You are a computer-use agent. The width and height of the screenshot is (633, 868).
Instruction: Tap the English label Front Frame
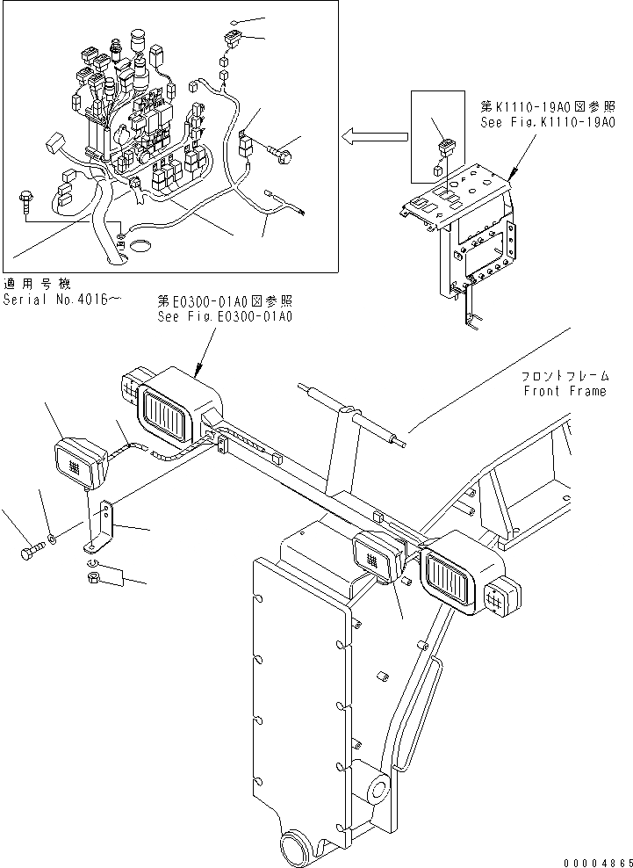[x=565, y=392]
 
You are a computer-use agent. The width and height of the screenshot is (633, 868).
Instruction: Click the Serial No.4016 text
[x=61, y=299]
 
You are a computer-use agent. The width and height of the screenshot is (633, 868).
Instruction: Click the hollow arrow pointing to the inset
[x=375, y=136]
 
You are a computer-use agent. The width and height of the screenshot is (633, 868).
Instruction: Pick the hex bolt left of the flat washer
[x=28, y=553]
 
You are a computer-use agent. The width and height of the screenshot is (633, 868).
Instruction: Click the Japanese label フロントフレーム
[x=564, y=376]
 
